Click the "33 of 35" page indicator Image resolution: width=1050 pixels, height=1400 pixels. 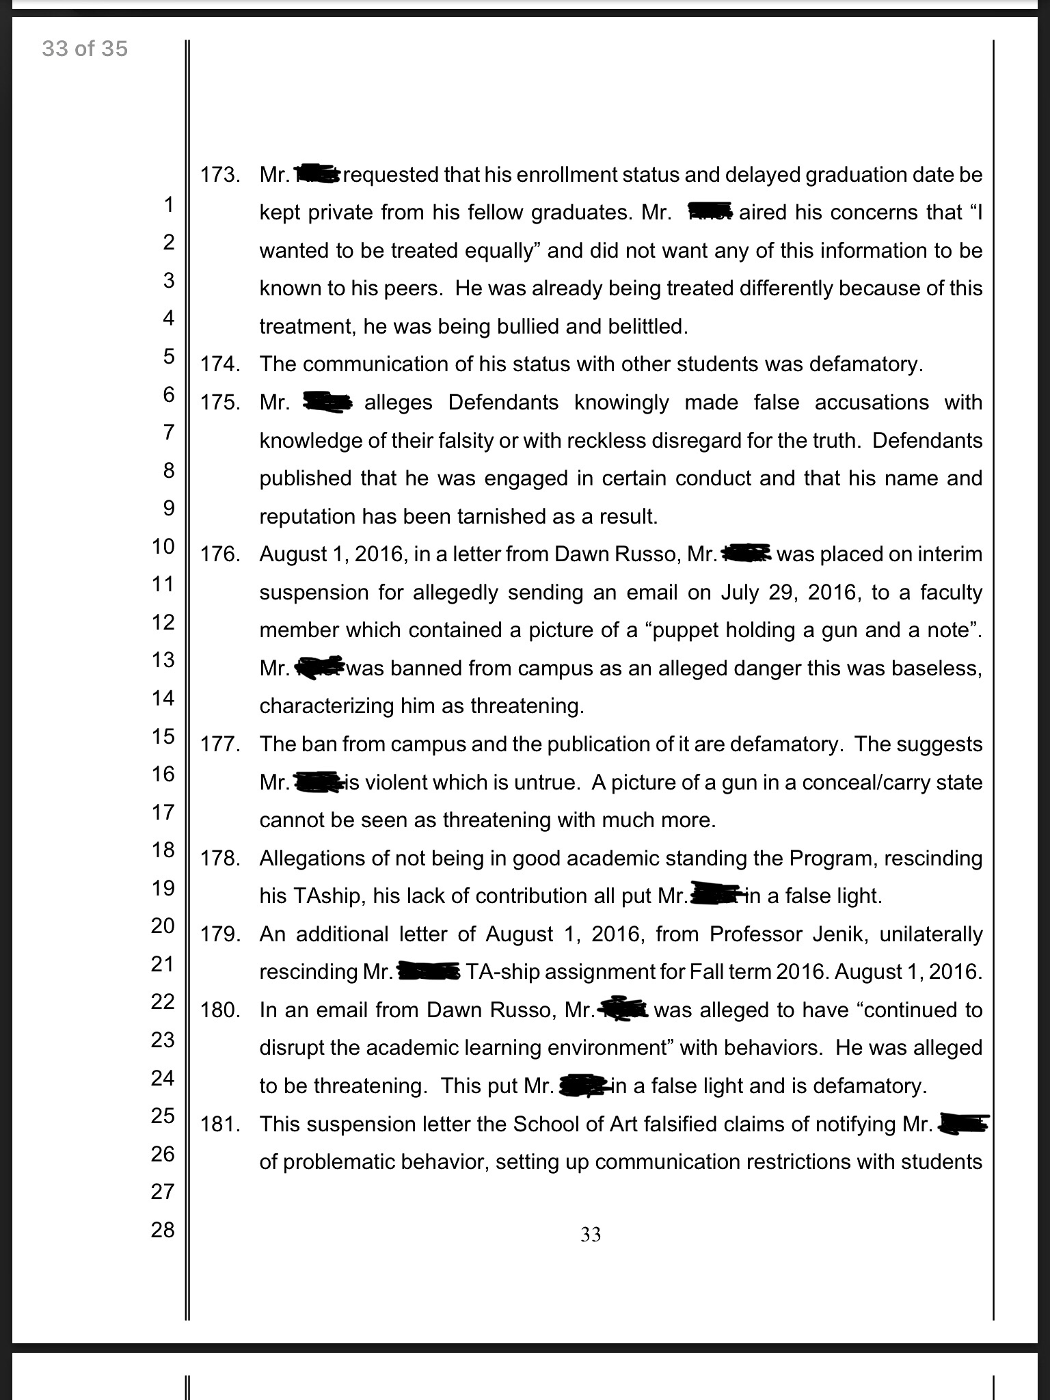[85, 49]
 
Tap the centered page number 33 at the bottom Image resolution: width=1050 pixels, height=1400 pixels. [591, 1234]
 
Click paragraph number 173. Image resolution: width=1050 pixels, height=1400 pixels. [220, 175]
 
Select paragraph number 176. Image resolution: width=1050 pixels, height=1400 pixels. [220, 554]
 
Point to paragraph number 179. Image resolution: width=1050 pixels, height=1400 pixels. [220, 934]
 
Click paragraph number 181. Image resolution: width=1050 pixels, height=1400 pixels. [220, 1124]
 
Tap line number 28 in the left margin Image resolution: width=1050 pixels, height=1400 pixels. [163, 1230]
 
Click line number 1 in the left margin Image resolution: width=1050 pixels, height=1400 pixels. [168, 204]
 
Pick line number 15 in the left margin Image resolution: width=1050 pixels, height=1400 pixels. [163, 736]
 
